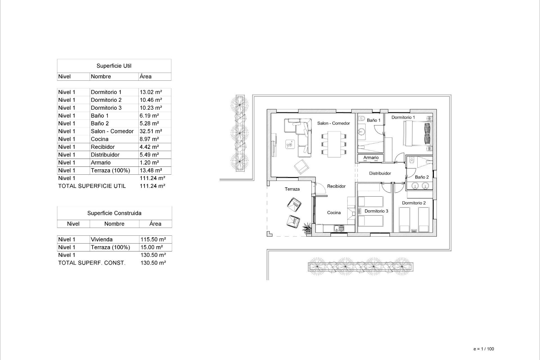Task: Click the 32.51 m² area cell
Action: (x=151, y=131)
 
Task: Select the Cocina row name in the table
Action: (x=100, y=139)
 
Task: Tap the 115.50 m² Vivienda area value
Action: (x=153, y=240)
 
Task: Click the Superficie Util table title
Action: (x=114, y=66)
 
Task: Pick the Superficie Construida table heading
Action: (x=114, y=213)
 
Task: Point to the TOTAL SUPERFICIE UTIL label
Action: (x=92, y=186)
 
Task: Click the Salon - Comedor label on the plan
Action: (x=333, y=123)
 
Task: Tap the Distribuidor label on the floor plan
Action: (x=380, y=173)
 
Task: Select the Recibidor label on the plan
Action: (x=336, y=186)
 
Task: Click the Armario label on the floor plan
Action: (x=371, y=157)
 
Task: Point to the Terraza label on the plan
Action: (x=292, y=189)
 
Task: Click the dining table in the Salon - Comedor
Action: (x=334, y=144)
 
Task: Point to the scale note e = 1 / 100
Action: (x=484, y=349)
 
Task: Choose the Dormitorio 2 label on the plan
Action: (x=414, y=203)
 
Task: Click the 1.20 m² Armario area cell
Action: (x=149, y=163)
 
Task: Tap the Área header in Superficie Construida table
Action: (x=155, y=224)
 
